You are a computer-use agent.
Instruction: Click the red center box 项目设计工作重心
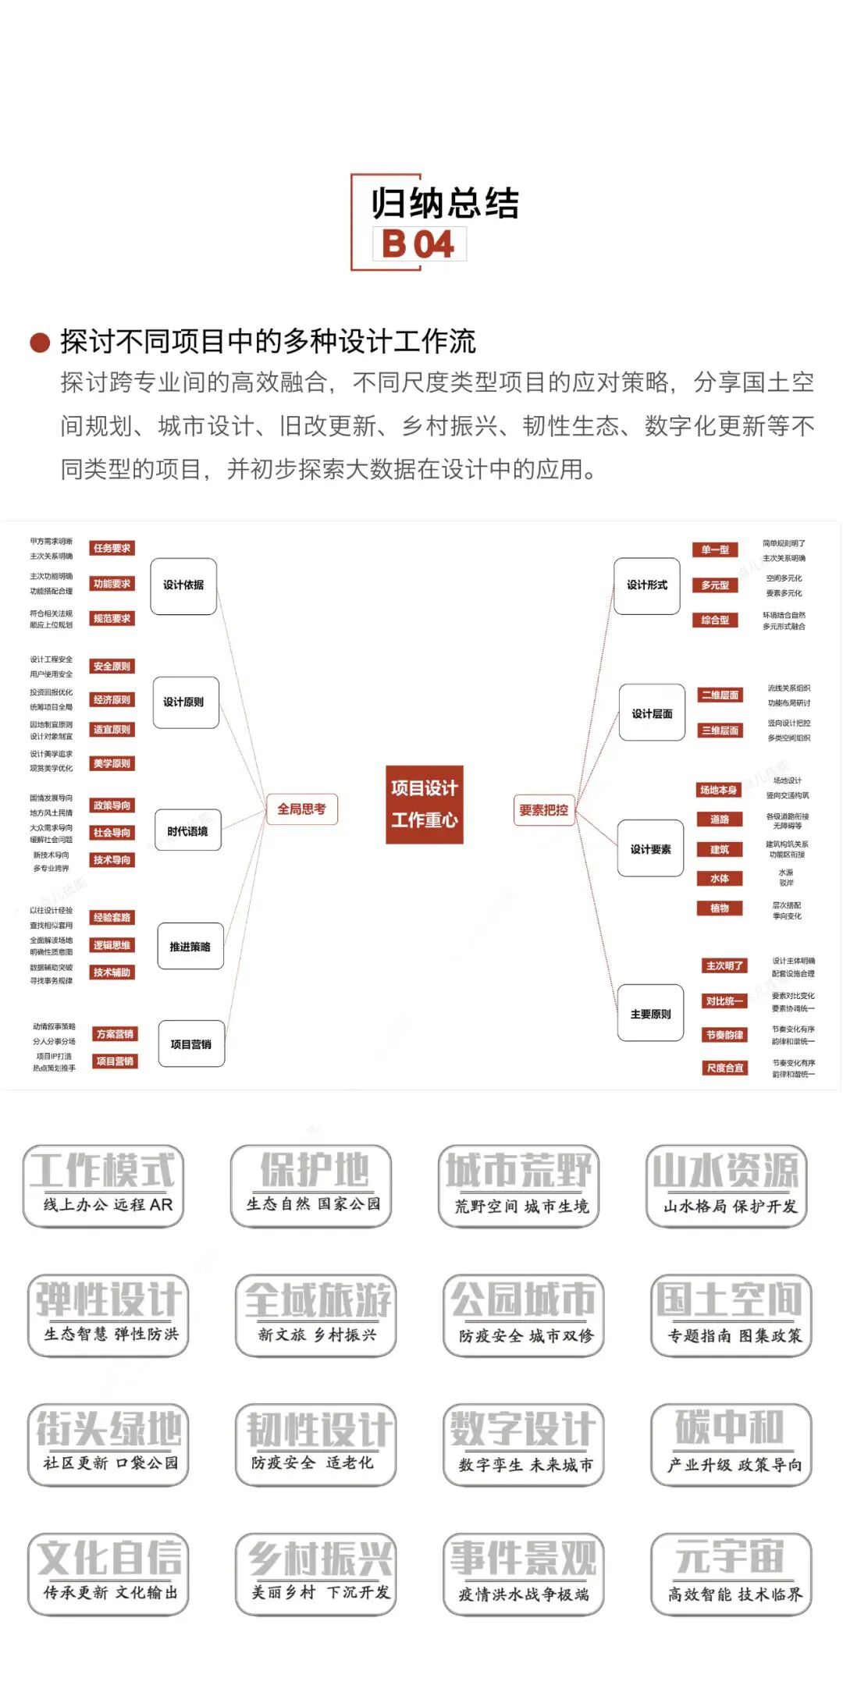point(425,804)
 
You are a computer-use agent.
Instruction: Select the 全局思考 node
point(301,809)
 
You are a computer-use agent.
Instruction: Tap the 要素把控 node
point(544,810)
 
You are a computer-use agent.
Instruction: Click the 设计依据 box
point(183,585)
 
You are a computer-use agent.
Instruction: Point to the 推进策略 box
point(190,947)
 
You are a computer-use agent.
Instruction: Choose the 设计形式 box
point(647,585)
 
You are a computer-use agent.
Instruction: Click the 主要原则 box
point(650,1014)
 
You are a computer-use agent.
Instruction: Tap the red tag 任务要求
point(112,549)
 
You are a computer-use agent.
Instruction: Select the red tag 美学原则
point(112,763)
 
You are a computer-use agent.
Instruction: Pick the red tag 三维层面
point(720,731)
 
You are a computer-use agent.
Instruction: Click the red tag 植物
point(719,908)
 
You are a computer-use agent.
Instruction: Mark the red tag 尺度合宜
point(725,1068)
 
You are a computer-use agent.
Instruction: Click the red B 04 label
point(419,244)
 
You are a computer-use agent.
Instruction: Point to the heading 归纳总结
point(445,204)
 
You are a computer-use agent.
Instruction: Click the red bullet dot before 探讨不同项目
point(40,342)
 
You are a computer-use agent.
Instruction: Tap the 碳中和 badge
point(731,1444)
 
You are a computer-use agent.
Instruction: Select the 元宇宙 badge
point(731,1573)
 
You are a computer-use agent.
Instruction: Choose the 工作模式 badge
point(103,1186)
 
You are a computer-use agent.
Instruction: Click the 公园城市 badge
point(523,1315)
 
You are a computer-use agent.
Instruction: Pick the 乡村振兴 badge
point(315,1573)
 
